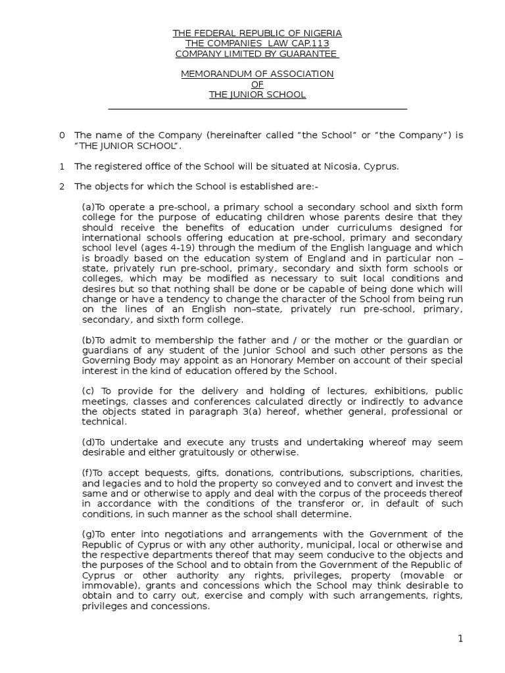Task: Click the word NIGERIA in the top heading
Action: point(322,33)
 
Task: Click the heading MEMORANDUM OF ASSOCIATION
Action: point(257,74)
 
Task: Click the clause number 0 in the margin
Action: point(62,135)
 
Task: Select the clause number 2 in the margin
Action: point(62,187)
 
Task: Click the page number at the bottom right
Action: point(461,639)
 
